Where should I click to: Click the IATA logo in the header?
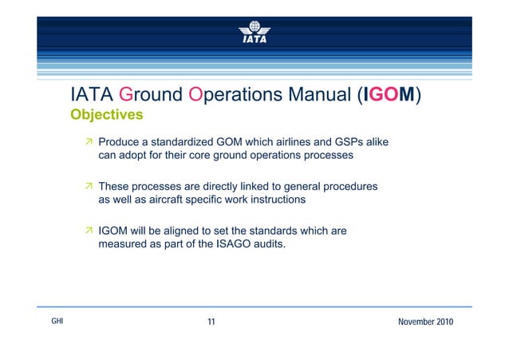254,30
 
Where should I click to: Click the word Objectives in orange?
107,115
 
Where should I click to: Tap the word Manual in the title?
312,96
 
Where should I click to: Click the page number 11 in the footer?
211,322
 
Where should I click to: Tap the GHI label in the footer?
56,321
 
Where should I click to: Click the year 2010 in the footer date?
440,322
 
